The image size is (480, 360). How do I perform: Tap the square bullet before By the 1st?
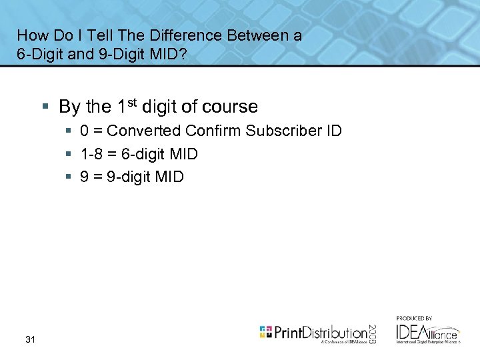click(x=45, y=107)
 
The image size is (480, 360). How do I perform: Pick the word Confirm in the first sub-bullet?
click(x=209, y=131)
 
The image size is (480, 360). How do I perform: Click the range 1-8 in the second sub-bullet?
click(x=92, y=154)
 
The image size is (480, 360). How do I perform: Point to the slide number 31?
click(x=30, y=340)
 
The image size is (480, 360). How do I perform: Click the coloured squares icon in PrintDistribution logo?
click(x=266, y=331)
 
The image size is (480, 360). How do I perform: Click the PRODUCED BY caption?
click(x=414, y=318)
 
